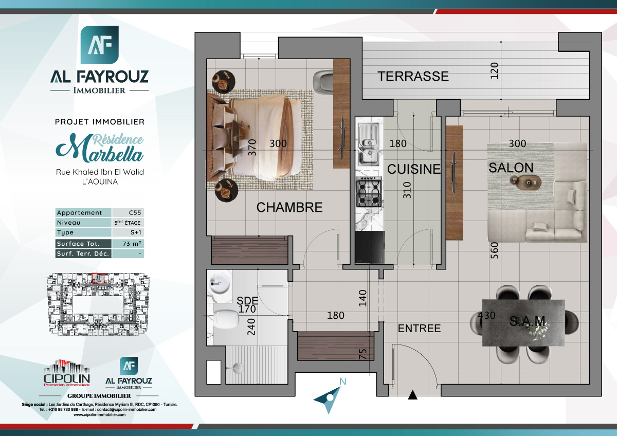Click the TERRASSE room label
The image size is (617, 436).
pyautogui.click(x=413, y=77)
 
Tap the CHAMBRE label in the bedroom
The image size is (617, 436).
pyautogui.click(x=289, y=208)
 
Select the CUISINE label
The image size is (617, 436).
pyautogui.click(x=414, y=169)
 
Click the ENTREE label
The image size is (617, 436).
pyautogui.click(x=420, y=329)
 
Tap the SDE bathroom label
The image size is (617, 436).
pyautogui.click(x=247, y=300)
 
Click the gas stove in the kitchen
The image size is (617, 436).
pyautogui.click(x=369, y=191)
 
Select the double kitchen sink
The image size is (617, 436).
pyautogui.click(x=369, y=144)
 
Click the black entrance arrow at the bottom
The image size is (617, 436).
pyautogui.click(x=412, y=395)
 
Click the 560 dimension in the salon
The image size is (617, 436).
pyautogui.click(x=495, y=250)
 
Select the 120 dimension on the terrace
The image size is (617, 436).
pyautogui.click(x=495, y=71)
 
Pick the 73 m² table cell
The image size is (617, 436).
pyautogui.click(x=128, y=244)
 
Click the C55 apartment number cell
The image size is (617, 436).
pyautogui.click(x=128, y=213)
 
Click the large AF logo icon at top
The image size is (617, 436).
pyautogui.click(x=100, y=45)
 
